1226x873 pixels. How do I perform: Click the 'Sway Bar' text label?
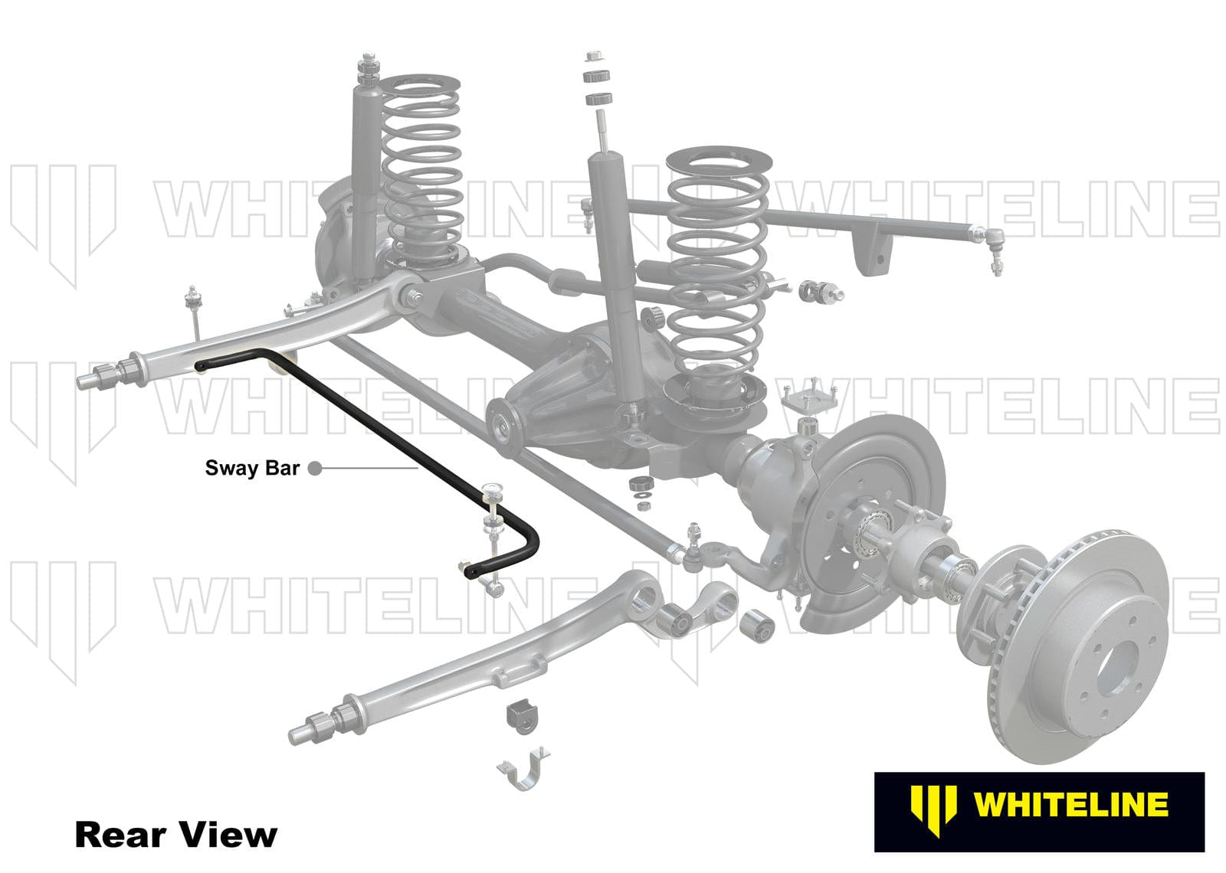tap(251, 468)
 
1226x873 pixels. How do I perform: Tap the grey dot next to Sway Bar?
tap(314, 468)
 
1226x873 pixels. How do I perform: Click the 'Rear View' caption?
tap(175, 834)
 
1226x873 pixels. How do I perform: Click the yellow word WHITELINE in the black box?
tap(1070, 805)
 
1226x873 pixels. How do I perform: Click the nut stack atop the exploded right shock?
tap(596, 77)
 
